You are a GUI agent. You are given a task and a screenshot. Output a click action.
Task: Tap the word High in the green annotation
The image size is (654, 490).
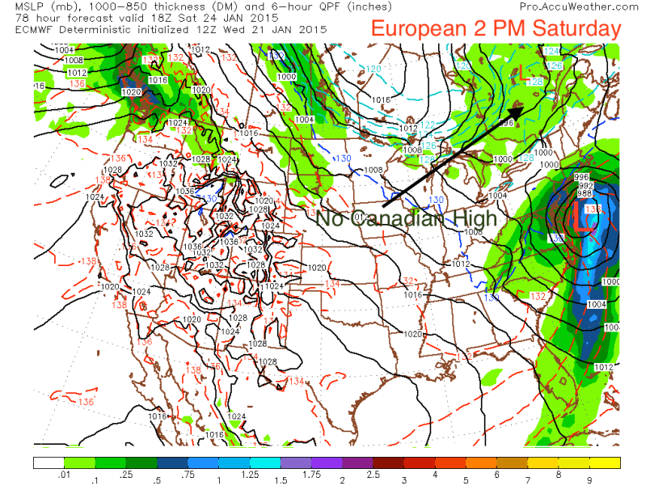coord(475,218)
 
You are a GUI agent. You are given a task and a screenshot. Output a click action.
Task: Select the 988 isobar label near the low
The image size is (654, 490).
coord(582,194)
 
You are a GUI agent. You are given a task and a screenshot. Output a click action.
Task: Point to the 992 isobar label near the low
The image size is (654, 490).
coord(582,185)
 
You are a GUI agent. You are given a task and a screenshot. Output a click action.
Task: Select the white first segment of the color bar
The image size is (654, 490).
coord(48,463)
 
